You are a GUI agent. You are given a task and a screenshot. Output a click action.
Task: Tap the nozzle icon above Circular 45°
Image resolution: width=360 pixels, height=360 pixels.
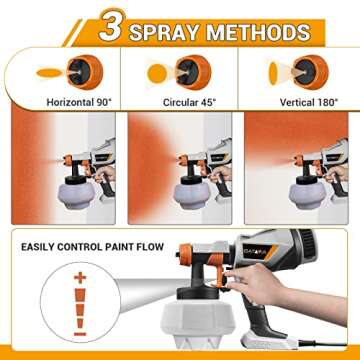[190, 71]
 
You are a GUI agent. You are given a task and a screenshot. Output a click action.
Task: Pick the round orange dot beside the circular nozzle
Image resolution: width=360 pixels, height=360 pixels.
[157, 73]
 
